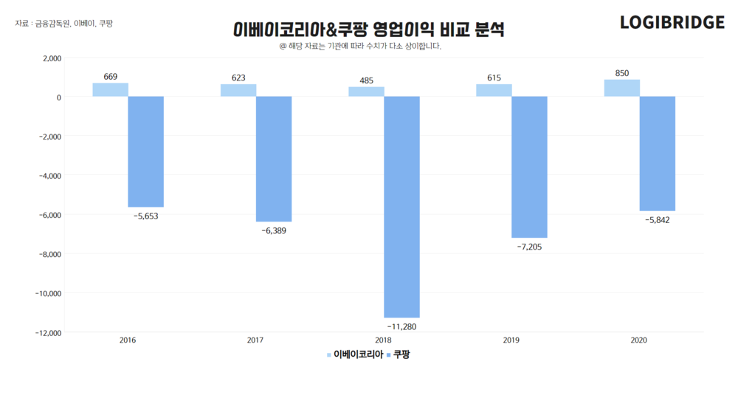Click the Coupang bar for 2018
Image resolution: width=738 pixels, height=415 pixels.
point(401,207)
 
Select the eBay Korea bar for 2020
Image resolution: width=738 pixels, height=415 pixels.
point(621,88)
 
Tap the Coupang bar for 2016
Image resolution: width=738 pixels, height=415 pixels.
point(145,151)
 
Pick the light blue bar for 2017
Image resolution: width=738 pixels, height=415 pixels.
point(238,90)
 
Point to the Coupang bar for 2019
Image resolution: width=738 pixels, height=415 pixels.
point(529,167)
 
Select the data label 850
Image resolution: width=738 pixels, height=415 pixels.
point(622,73)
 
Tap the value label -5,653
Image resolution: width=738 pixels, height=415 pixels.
point(145,216)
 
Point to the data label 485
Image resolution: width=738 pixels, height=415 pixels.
point(366,80)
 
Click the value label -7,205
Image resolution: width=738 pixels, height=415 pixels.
point(529,247)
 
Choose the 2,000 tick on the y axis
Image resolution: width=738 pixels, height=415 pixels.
point(49,58)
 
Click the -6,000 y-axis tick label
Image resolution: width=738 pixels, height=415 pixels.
point(48,215)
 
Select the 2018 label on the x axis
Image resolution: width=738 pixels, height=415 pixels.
point(383,340)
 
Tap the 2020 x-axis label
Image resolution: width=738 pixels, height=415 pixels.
point(639,340)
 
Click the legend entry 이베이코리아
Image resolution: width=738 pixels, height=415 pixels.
point(358,355)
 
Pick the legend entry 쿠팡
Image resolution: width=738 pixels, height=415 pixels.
point(401,355)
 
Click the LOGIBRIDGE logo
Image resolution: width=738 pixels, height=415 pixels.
point(672,23)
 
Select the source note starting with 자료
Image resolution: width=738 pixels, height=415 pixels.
point(64,24)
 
